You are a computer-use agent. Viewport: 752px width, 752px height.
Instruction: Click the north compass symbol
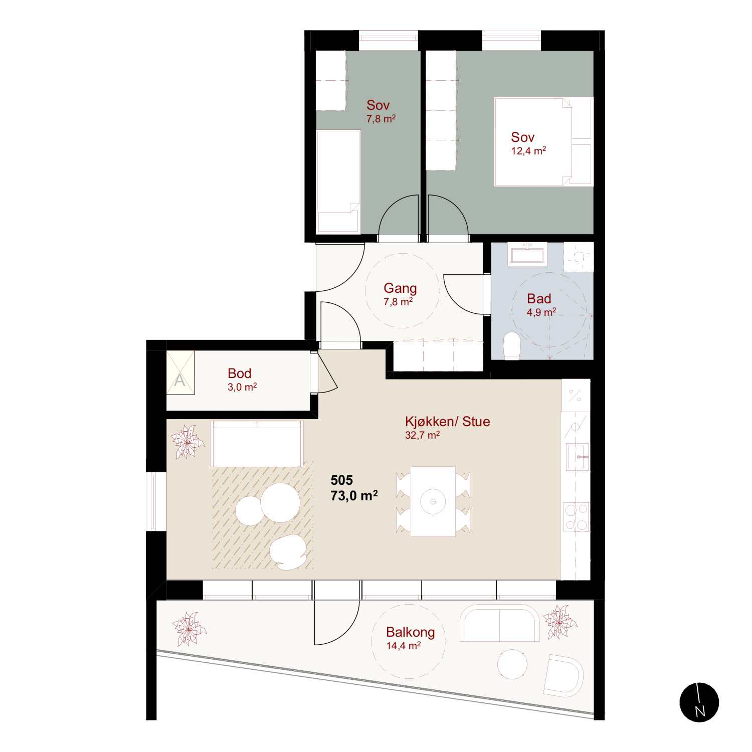tap(699, 702)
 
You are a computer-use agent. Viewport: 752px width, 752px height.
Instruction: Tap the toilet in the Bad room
tap(512, 346)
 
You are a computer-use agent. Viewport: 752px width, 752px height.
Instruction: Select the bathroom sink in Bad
tap(526, 254)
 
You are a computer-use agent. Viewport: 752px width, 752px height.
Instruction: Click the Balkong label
tap(410, 632)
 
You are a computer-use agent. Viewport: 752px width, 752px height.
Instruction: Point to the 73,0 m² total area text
tap(354, 496)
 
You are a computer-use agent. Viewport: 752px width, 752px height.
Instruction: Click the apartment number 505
tap(341, 480)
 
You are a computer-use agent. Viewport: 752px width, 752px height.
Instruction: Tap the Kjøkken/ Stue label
tap(447, 422)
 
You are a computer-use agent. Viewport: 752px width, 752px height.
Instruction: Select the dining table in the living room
tap(433, 501)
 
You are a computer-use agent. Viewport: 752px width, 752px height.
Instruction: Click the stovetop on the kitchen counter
tap(577, 517)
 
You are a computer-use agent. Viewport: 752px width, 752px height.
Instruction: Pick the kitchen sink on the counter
tap(577, 457)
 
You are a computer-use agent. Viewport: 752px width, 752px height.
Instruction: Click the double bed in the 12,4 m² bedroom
tap(543, 142)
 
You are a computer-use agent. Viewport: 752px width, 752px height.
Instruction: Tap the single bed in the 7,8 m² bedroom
tap(338, 181)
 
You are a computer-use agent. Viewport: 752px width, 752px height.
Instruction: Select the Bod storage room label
tap(239, 373)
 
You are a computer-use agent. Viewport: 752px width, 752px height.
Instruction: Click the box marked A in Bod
tap(180, 372)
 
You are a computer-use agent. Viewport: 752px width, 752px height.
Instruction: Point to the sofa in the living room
tap(257, 444)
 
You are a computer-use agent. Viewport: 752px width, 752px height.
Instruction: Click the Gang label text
tap(400, 288)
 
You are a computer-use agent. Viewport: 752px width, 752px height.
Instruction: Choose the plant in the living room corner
tap(187, 442)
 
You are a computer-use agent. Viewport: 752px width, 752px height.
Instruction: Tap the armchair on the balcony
tap(563, 676)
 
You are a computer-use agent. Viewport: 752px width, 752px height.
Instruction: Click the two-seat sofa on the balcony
tap(500, 623)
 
